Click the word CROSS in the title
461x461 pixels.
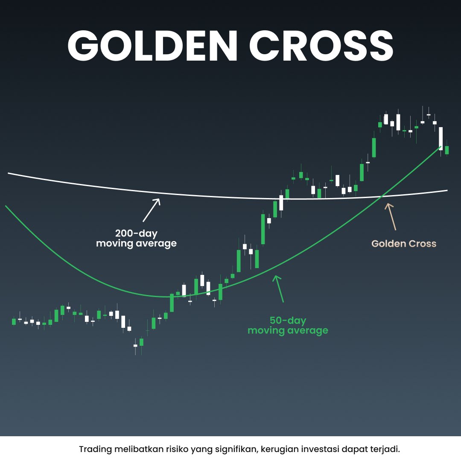(x=321, y=46)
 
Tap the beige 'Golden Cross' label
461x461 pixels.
(x=404, y=244)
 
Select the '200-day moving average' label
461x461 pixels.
(x=136, y=239)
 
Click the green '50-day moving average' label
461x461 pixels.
(x=288, y=325)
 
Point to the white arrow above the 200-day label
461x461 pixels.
(x=152, y=209)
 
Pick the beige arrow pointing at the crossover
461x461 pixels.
(x=391, y=216)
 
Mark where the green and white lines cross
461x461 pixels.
(x=382, y=196)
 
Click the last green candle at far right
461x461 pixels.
(x=447, y=150)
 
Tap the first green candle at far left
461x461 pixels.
(x=14, y=321)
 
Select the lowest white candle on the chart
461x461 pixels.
(x=136, y=346)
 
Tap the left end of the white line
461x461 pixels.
(x=9, y=173)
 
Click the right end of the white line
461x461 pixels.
(x=447, y=190)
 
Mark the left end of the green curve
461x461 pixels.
(x=6, y=206)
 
